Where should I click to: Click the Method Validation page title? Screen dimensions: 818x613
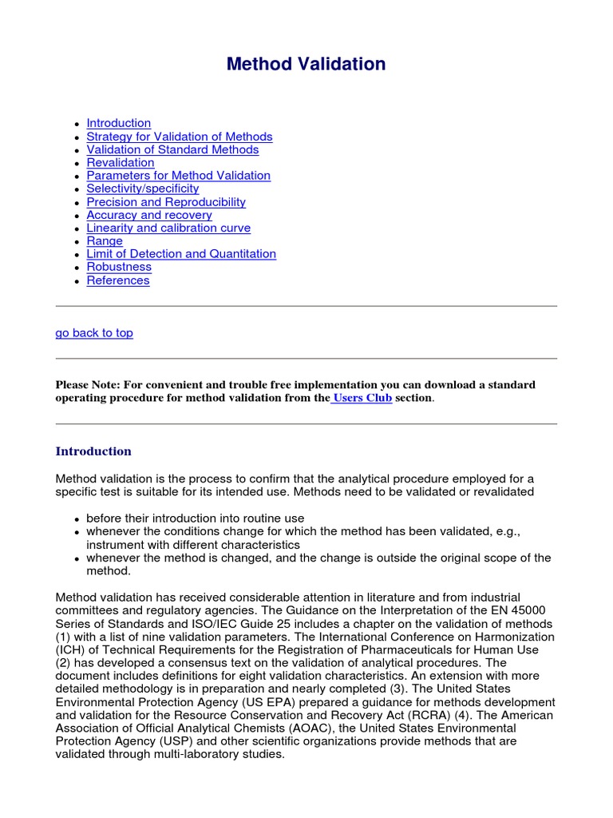306,64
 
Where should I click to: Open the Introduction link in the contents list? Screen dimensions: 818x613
118,123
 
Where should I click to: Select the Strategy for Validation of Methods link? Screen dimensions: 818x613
179,137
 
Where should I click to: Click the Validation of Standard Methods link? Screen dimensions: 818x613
172,149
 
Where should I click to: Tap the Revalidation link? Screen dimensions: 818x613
121,162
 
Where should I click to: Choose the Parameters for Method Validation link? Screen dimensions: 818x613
178,175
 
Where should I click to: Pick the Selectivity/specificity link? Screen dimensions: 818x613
143,189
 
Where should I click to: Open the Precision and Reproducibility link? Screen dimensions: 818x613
166,202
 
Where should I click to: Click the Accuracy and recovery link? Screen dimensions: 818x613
149,215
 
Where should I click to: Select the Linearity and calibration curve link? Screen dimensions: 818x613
168,228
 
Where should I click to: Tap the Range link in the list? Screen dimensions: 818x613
105,240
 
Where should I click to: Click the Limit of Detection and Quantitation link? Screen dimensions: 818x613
181,254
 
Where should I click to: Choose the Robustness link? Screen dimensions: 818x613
119,267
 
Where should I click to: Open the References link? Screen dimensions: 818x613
118,280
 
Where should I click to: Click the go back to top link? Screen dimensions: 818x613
94,333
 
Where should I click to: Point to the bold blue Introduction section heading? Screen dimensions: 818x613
93,451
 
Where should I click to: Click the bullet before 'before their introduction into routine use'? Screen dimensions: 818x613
76,519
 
